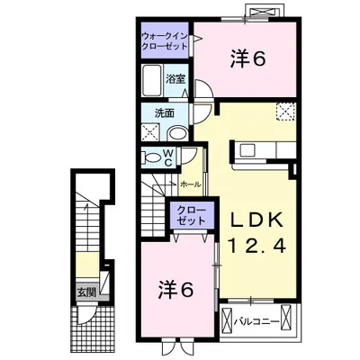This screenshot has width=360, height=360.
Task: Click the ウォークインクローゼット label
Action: tap(165, 41)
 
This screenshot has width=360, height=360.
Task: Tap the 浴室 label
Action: tap(175, 79)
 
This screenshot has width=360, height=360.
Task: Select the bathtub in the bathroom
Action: tap(153, 80)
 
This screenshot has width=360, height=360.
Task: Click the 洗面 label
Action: tap(165, 113)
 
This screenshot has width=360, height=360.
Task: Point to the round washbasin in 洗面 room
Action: tap(177, 133)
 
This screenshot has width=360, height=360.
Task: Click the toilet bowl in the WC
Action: tap(152, 157)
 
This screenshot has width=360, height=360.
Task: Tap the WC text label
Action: tap(168, 157)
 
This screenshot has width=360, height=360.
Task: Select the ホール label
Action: tap(190, 184)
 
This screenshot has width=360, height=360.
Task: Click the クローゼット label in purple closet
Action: tap(191, 216)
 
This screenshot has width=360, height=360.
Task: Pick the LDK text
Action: tap(257, 221)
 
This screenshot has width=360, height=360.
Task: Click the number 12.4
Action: tap(257, 247)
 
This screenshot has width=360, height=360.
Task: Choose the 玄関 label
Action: tap(86, 292)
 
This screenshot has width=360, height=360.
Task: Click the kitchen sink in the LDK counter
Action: tap(247, 150)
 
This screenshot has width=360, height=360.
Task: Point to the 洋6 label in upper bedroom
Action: tap(248, 58)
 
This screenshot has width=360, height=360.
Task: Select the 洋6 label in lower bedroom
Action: tap(175, 290)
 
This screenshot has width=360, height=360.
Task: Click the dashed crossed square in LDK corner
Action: tap(285, 112)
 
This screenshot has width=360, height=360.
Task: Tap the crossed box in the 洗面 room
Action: tap(150, 132)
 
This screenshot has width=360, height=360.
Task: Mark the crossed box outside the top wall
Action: tap(264, 12)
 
